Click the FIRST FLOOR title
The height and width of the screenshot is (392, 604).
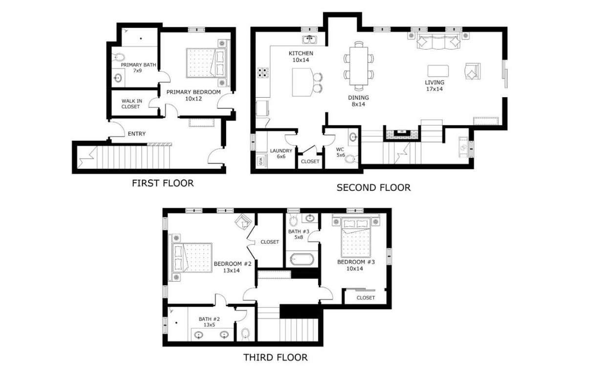(x=163, y=184)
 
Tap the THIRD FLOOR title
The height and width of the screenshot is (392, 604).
(x=276, y=357)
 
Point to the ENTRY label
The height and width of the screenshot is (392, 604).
(x=136, y=134)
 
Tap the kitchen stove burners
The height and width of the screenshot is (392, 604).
(x=263, y=73)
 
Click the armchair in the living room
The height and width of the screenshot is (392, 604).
(x=473, y=72)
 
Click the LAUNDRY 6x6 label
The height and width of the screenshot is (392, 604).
(x=281, y=153)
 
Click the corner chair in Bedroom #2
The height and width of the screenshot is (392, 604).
(x=243, y=222)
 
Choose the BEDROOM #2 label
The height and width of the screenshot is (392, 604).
(x=232, y=267)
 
